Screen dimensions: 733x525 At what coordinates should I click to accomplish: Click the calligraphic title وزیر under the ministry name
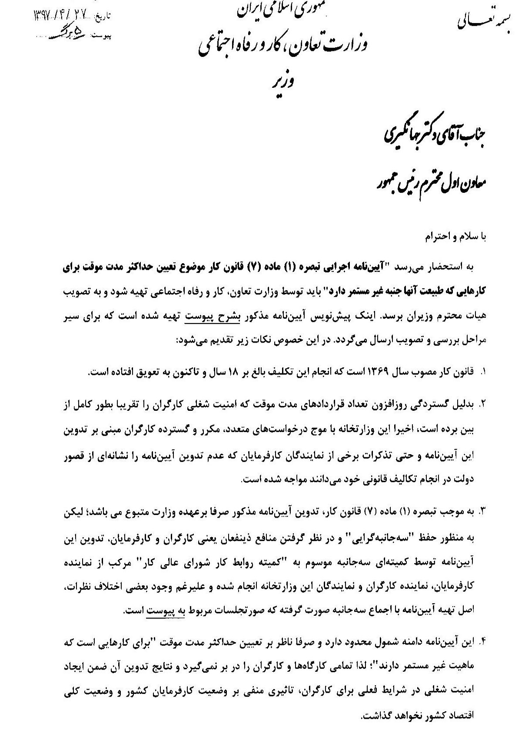tap(285, 81)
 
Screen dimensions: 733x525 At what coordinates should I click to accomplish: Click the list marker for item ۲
tap(482, 403)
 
